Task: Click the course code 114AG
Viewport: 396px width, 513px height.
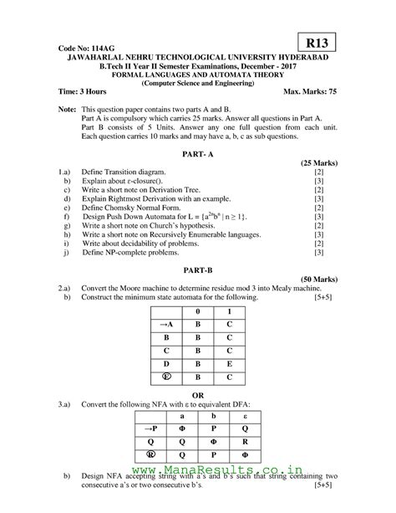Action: (84, 49)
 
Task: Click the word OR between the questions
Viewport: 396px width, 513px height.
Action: (197, 393)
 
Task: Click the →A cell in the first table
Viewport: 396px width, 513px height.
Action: (165, 324)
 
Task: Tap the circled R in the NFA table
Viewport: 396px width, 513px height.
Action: (150, 459)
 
